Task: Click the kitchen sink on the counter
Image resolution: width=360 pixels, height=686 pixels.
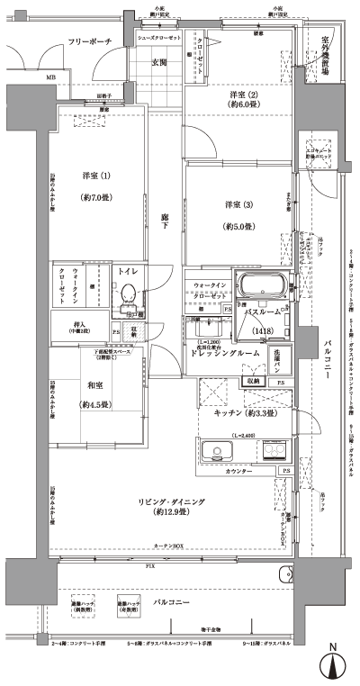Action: (x=218, y=453)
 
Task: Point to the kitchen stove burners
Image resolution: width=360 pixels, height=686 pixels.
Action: (x=273, y=452)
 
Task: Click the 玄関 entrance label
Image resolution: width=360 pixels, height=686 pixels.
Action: (x=159, y=63)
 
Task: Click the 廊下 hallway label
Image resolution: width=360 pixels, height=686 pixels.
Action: (x=165, y=217)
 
